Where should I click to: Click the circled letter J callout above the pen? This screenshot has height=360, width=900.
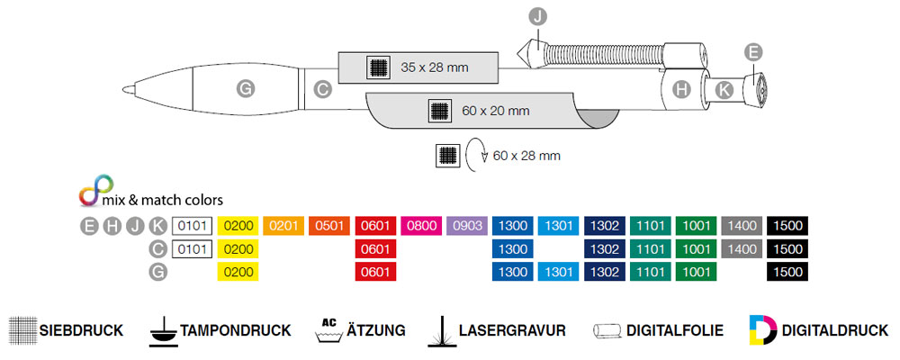[538, 16]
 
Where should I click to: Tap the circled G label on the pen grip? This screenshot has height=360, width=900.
[244, 87]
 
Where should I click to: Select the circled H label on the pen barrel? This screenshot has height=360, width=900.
[681, 88]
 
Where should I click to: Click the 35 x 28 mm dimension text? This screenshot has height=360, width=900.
[434, 66]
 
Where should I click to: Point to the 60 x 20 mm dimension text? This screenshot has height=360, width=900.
[495, 111]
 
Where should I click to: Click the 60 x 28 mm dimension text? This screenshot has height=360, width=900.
[526, 156]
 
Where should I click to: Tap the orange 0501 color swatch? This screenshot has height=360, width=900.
[329, 225]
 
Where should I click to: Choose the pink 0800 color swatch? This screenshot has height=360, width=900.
[421, 225]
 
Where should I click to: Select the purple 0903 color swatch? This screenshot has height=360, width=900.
[467, 225]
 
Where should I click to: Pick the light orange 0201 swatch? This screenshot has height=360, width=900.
[283, 225]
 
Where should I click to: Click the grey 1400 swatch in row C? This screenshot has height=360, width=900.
[742, 248]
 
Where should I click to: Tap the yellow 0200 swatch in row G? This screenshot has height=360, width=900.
[238, 271]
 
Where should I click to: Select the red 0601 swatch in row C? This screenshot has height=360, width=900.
[375, 248]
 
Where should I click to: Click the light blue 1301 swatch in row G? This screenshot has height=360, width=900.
[558, 271]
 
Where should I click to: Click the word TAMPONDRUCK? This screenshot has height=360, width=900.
[236, 331]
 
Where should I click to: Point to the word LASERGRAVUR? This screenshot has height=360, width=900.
[512, 331]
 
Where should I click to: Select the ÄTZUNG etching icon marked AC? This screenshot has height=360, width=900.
[328, 330]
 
